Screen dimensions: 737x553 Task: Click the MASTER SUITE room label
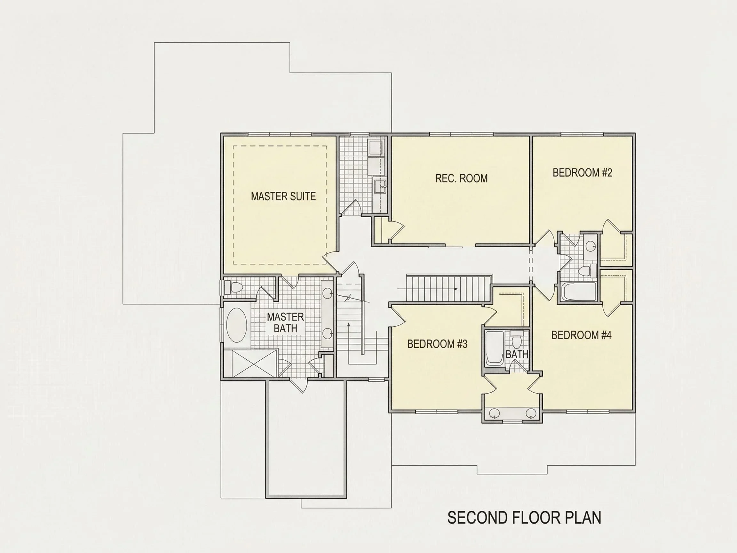tap(283, 196)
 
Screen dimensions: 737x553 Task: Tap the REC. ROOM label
tap(461, 178)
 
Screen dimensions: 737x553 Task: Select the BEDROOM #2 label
tap(582, 173)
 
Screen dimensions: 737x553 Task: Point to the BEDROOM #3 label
tap(437, 344)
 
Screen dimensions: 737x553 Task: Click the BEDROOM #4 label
tap(582, 335)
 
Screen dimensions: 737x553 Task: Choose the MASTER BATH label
tap(286, 322)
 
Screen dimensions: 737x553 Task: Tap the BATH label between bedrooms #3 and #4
tap(517, 354)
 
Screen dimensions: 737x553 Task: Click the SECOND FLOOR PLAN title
tap(524, 518)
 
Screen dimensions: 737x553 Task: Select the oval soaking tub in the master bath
tap(237, 325)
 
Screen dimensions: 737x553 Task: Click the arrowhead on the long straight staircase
tap(456, 289)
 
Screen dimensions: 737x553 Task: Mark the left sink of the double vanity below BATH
tap(494, 414)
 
